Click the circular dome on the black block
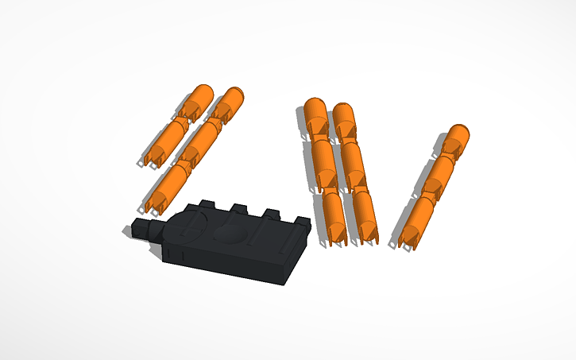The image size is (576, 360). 230,234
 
